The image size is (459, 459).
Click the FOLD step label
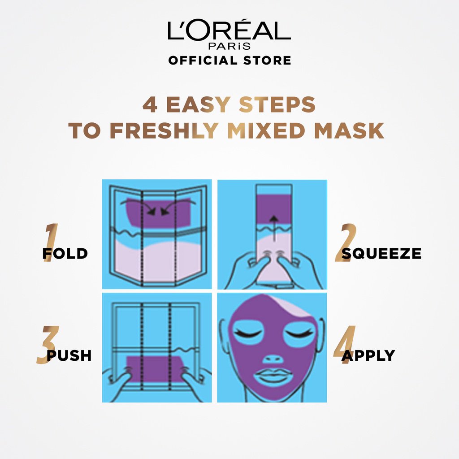(x=65, y=254)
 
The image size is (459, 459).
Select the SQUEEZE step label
(x=381, y=254)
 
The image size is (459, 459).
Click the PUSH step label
(x=69, y=356)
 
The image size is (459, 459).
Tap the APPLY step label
(x=368, y=356)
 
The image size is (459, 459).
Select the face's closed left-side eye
(x=247, y=333)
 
